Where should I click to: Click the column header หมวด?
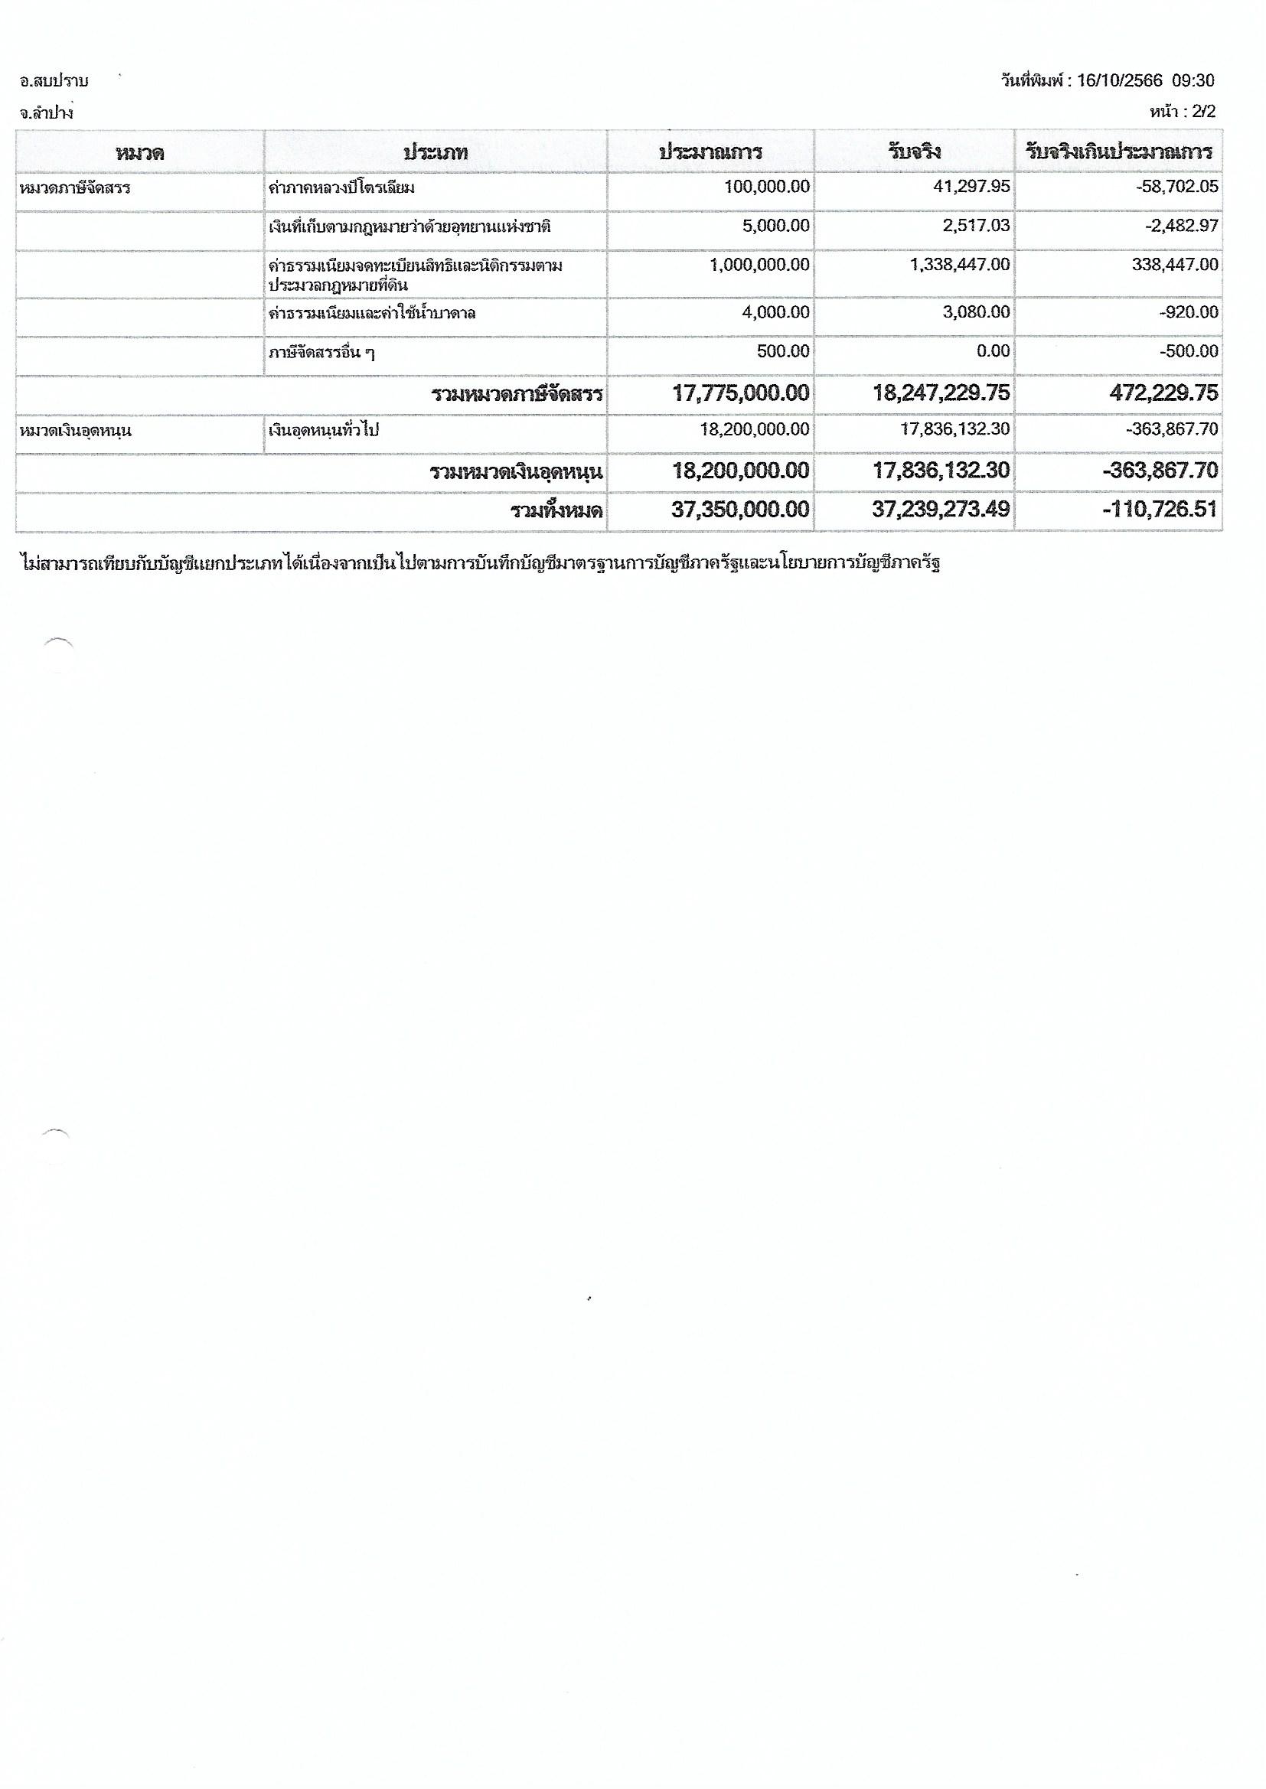click(x=139, y=152)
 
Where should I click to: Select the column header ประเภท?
click(x=435, y=152)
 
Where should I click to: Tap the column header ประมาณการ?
click(x=710, y=152)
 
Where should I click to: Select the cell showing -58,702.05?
click(x=1177, y=187)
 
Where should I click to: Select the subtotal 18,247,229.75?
click(x=940, y=393)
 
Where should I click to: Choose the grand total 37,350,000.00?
click(x=740, y=510)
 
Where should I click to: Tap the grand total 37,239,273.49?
click(x=940, y=510)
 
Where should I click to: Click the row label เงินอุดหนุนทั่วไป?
click(x=323, y=430)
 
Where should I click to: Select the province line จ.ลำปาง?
click(x=47, y=113)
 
